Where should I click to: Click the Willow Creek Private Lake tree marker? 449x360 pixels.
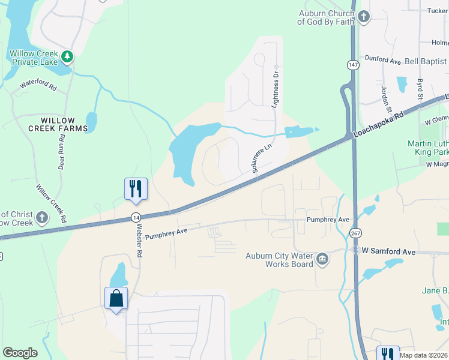click(x=68, y=57)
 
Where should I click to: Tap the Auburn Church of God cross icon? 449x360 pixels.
click(x=364, y=17)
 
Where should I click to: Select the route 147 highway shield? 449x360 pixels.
click(x=352, y=64)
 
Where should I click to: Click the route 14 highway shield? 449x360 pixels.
click(x=136, y=217)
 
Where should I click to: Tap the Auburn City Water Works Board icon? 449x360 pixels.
click(x=322, y=259)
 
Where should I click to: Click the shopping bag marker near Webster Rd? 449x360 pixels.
click(x=116, y=298)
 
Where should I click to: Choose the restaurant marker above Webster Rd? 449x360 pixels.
click(x=136, y=188)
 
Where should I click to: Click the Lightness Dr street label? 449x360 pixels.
click(x=276, y=89)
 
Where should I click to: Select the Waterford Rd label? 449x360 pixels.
click(x=38, y=86)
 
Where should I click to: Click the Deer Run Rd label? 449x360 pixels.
click(x=62, y=154)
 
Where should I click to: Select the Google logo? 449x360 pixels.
click(x=20, y=353)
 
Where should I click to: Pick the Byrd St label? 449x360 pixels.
click(x=420, y=88)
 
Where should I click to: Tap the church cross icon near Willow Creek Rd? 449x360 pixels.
click(x=42, y=217)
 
